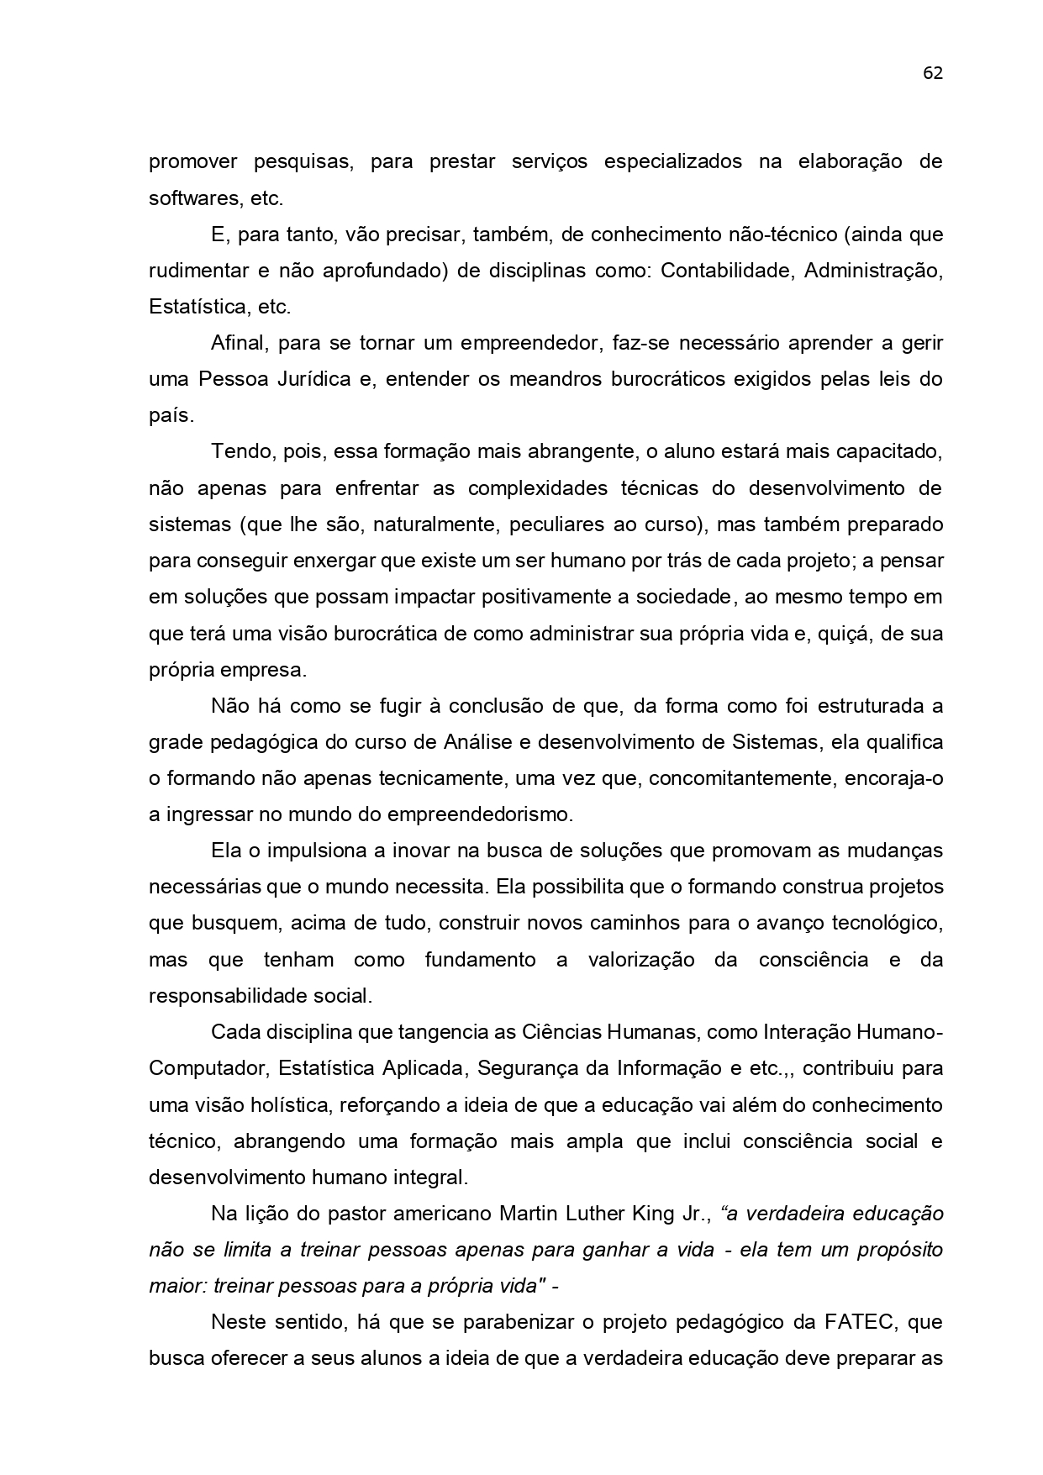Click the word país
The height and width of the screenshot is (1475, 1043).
point(171,416)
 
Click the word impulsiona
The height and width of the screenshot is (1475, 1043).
point(314,851)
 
